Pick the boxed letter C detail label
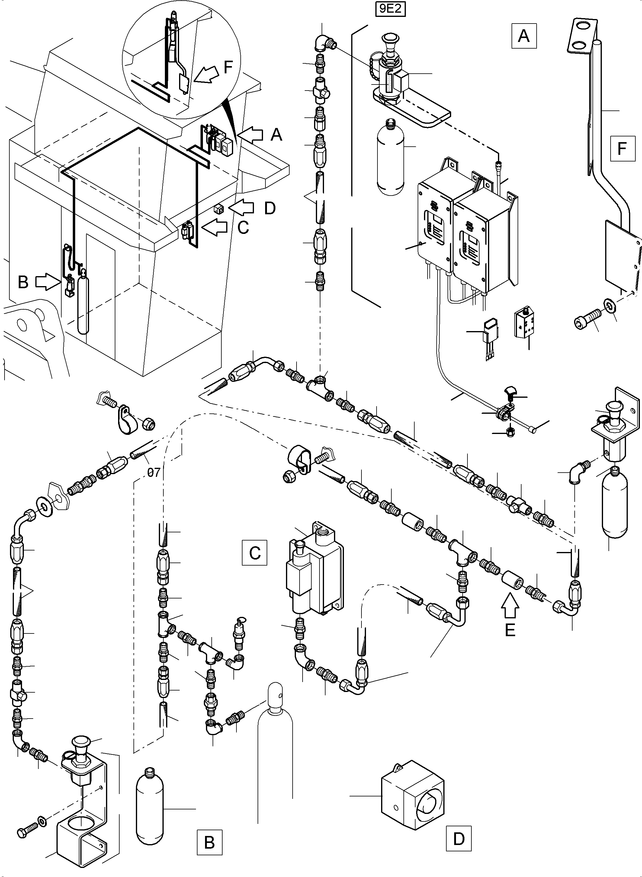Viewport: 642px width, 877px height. pyautogui.click(x=255, y=553)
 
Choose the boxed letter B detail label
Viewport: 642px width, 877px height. pyautogui.click(x=210, y=842)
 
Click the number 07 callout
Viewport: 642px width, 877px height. pyautogui.click(x=154, y=472)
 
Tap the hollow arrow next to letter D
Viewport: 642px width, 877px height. pyautogui.click(x=241, y=208)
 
